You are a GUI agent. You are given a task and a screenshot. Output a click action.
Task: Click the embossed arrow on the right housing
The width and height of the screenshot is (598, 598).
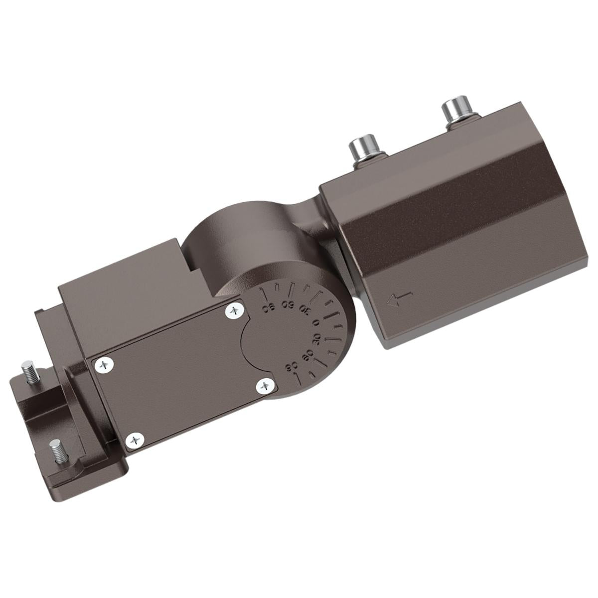tap(400, 299)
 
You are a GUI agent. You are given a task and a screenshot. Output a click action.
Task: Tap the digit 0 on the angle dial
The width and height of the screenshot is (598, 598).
tap(315, 322)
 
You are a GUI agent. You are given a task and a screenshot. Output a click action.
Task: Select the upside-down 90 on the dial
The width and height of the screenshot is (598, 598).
tap(269, 307)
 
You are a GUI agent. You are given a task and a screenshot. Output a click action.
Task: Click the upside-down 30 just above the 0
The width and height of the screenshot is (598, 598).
tap(305, 310)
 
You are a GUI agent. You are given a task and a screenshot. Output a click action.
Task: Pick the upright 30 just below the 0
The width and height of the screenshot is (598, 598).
tap(316, 339)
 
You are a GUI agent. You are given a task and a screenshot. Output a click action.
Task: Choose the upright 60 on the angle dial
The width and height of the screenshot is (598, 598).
tap(308, 354)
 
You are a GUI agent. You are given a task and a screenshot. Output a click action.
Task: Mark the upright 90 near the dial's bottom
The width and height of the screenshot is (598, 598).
tap(292, 368)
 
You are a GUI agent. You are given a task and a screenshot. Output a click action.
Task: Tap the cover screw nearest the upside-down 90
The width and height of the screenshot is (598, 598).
tap(234, 311)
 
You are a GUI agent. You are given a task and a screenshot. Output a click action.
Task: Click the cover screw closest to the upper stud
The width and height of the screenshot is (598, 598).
tap(104, 365)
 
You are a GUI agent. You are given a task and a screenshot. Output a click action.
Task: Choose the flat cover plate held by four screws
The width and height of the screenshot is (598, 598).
tap(179, 374)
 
